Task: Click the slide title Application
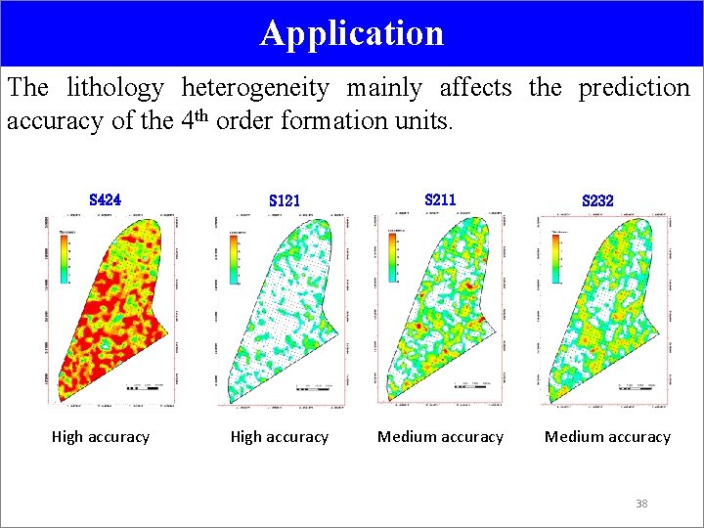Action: (352, 33)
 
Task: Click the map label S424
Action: (105, 199)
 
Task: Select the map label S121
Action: (284, 200)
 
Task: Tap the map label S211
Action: (440, 199)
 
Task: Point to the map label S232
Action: (597, 200)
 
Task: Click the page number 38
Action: (641, 504)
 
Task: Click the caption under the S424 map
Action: (101, 437)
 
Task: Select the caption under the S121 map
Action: (280, 437)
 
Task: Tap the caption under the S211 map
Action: (440, 437)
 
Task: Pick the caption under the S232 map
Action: (607, 437)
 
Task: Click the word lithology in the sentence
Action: (115, 88)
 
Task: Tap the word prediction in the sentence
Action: (634, 88)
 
